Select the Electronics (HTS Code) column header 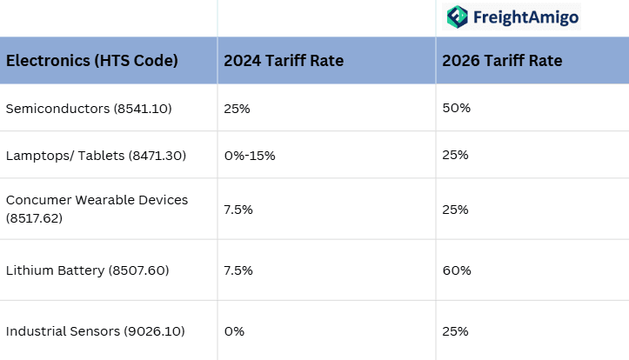tap(92, 61)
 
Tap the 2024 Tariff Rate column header tap(284, 61)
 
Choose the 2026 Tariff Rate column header tap(502, 61)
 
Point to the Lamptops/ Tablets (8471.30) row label tap(96, 155)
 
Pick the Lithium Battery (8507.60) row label tap(88, 270)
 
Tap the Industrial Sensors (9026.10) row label tap(95, 331)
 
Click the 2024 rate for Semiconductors tap(238, 108)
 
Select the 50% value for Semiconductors tap(456, 108)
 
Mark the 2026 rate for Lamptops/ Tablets tap(455, 155)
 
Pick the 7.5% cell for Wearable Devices tap(238, 210)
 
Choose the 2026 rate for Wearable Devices tap(455, 210)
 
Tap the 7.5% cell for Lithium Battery tap(238, 270)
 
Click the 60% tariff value tap(456, 270)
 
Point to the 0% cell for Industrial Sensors tap(234, 331)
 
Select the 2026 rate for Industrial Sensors tap(455, 331)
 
